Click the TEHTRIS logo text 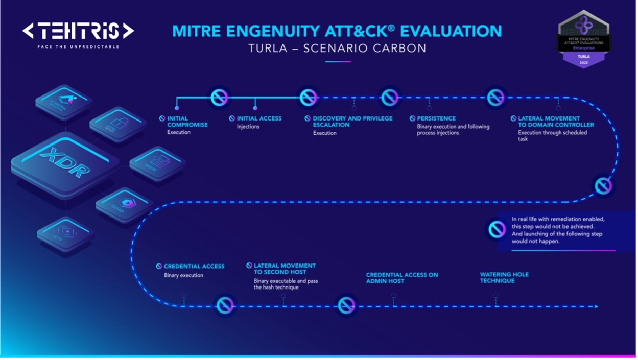(78, 32)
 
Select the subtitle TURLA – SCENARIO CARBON (337, 49)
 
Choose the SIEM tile (157, 162)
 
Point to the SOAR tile (124, 205)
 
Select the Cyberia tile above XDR (64, 101)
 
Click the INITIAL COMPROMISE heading (187, 122)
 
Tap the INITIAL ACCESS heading (259, 118)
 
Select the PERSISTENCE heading (436, 118)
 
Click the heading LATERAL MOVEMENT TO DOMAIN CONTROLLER (556, 122)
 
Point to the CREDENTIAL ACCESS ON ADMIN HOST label (402, 278)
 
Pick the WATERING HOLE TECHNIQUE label (504, 278)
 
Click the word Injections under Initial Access (248, 127)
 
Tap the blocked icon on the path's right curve (603, 186)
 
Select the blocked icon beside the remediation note (497, 230)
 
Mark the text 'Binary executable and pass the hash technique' (286, 284)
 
